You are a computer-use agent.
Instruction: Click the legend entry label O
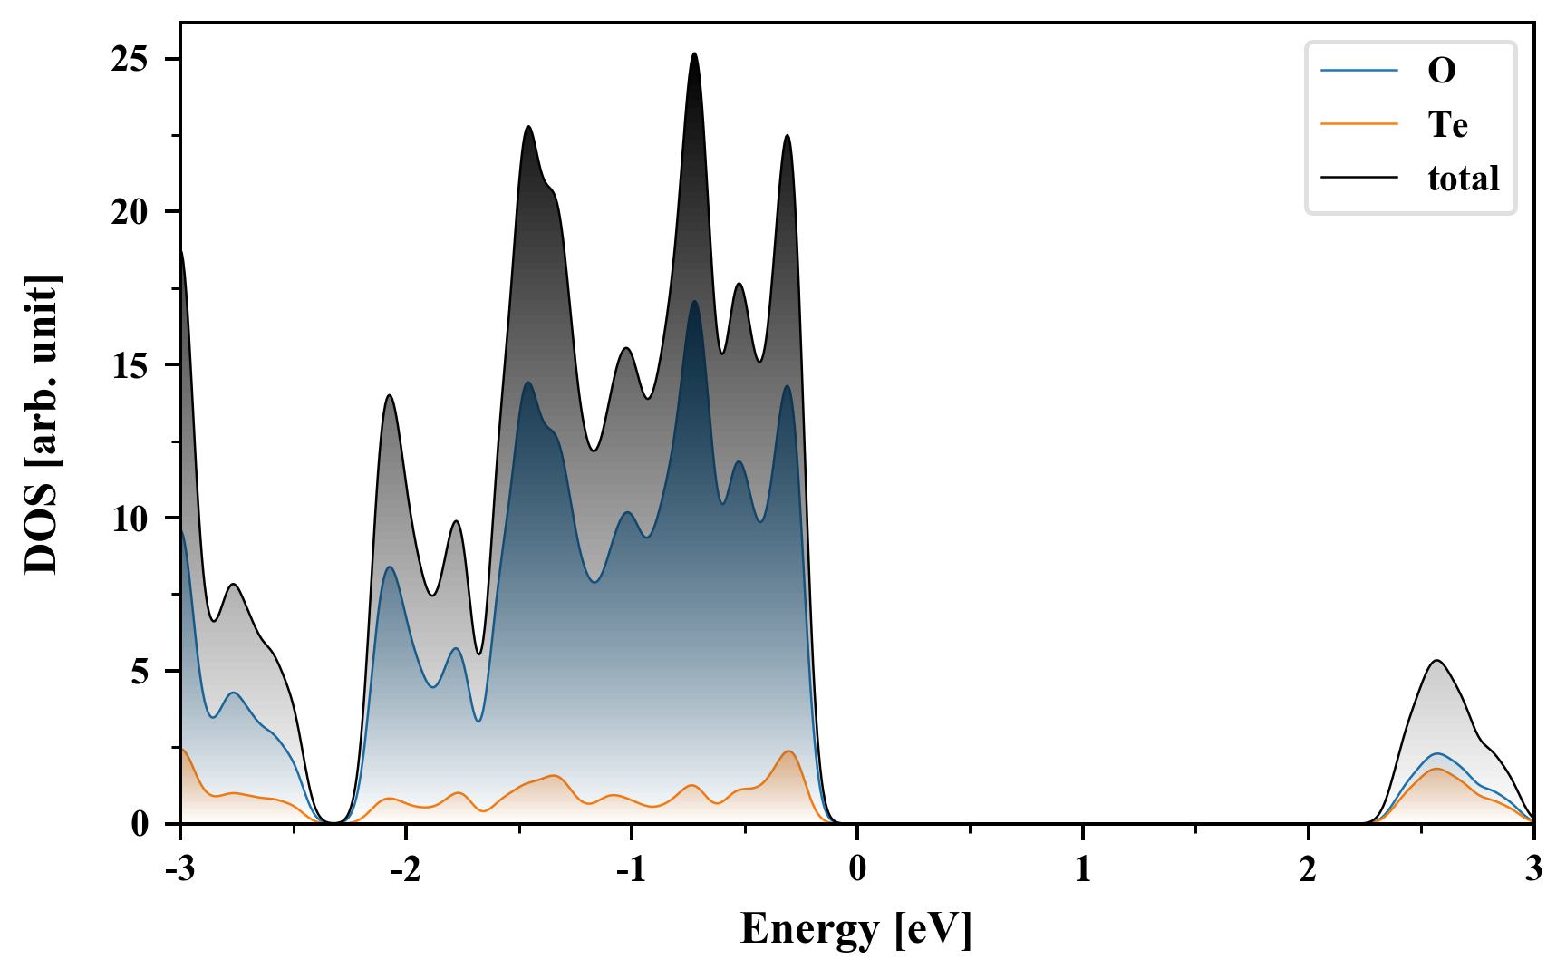point(1441,71)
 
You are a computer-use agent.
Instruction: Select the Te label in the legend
point(1447,124)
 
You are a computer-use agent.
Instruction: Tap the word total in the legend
point(1463,179)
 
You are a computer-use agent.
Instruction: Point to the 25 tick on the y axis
point(130,60)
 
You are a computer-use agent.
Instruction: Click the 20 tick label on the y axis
point(130,212)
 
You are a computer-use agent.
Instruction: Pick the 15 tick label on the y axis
point(130,365)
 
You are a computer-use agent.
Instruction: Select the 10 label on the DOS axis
point(130,519)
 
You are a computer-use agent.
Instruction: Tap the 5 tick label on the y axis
point(140,672)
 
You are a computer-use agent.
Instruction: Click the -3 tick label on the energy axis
point(180,870)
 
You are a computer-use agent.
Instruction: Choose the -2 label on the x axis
point(405,870)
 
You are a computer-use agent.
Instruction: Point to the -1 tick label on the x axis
point(631,870)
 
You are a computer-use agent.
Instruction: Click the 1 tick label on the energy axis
point(1083,870)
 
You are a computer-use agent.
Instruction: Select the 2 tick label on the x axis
point(1308,870)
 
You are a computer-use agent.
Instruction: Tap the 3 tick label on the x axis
point(1533,870)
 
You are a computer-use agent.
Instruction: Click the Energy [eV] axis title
point(855,929)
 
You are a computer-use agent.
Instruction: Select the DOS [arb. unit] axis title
point(42,424)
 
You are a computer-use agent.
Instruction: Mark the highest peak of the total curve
point(694,53)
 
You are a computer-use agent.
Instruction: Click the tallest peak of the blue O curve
point(694,302)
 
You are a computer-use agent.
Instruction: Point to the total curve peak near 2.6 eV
point(1436,661)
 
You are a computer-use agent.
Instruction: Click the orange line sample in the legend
point(1358,124)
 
